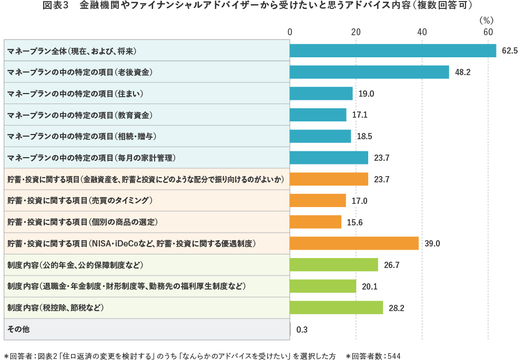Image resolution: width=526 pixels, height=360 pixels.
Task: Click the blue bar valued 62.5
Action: (x=392, y=50)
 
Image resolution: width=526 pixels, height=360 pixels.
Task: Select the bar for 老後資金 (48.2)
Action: (x=369, y=72)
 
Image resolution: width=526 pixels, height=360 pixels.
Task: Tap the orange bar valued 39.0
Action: (x=354, y=243)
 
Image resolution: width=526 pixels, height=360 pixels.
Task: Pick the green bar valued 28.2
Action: (x=336, y=307)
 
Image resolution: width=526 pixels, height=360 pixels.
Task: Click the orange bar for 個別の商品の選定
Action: (x=315, y=222)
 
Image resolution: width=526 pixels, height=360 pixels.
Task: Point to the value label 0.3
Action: (x=302, y=330)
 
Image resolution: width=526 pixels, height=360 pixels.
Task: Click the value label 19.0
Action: (x=366, y=94)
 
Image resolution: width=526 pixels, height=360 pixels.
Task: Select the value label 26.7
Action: (x=391, y=265)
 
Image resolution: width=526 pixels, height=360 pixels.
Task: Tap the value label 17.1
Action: (x=360, y=115)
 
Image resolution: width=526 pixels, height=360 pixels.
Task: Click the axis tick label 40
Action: (x=422, y=32)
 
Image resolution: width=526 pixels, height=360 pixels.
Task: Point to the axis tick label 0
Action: (x=290, y=32)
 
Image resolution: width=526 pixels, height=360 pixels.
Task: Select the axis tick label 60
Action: (x=488, y=32)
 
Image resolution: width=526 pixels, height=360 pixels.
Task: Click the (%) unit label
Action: (x=487, y=20)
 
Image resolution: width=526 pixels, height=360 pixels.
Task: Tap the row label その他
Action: (x=18, y=329)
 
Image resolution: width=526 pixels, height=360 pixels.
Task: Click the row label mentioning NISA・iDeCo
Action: (x=131, y=243)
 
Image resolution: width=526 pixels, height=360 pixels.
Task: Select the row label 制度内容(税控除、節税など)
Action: (x=56, y=307)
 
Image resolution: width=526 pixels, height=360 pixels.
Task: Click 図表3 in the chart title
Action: (x=55, y=6)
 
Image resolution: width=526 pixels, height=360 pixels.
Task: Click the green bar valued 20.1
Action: (x=322, y=286)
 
